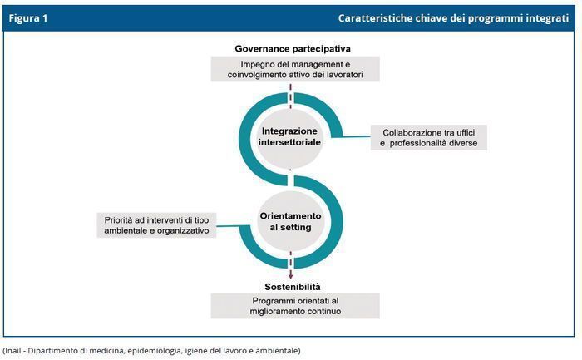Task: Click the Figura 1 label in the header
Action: click(x=28, y=18)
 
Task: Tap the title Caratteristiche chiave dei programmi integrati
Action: click(x=453, y=18)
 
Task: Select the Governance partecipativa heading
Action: click(x=293, y=48)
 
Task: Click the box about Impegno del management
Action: click(x=295, y=69)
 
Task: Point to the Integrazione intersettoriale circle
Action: click(x=289, y=137)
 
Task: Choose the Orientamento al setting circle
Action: click(x=291, y=221)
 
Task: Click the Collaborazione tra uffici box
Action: click(x=429, y=138)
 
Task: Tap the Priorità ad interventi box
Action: click(x=156, y=225)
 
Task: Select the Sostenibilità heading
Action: click(x=293, y=287)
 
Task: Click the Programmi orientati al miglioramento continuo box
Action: click(x=295, y=306)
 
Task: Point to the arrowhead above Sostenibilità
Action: click(x=291, y=276)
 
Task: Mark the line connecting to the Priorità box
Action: click(x=229, y=225)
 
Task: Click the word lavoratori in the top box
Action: click(x=345, y=75)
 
